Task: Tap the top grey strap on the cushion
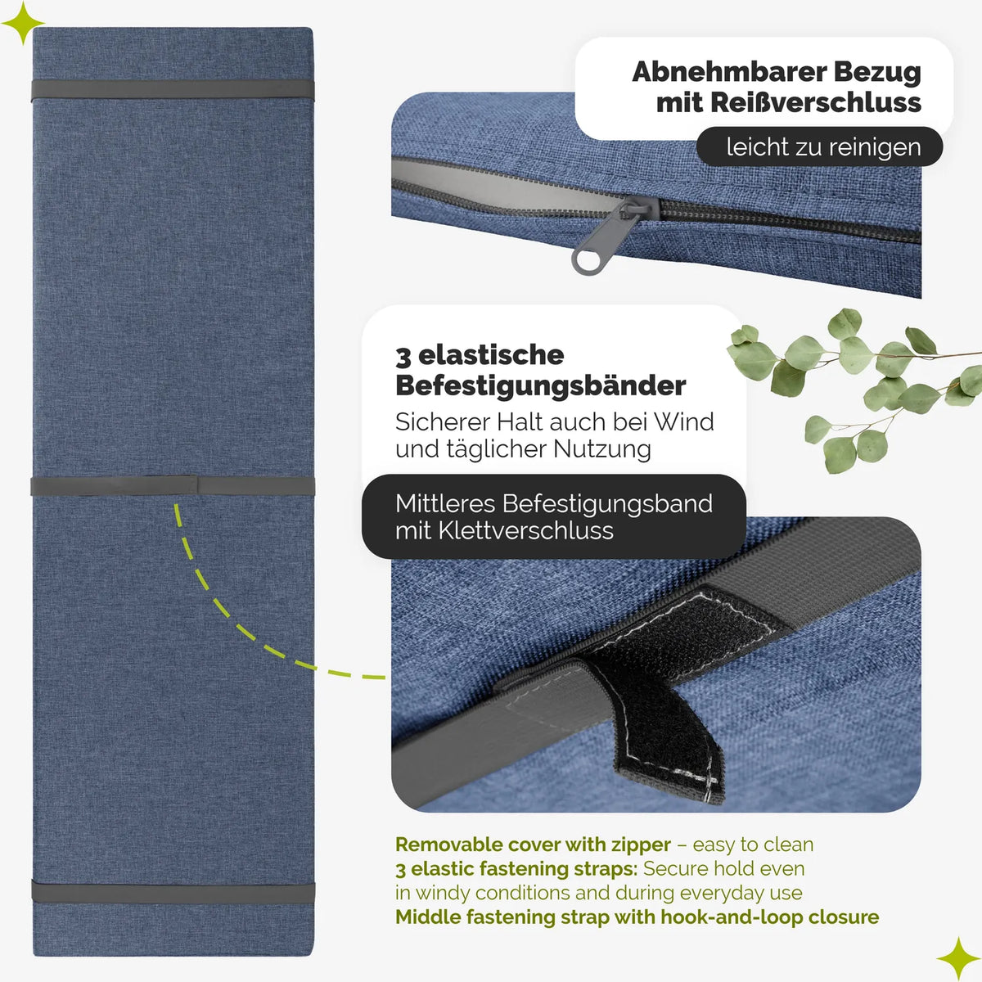(173, 90)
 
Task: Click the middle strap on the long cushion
(173, 485)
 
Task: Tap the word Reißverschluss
(815, 103)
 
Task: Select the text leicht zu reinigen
(823, 146)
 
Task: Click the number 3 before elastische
(403, 356)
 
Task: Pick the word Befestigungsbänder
(541, 386)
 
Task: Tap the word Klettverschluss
(525, 531)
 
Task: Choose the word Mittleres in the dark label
(445, 504)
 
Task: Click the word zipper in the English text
(641, 845)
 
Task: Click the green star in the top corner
(22, 23)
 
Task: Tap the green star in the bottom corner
(958, 958)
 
